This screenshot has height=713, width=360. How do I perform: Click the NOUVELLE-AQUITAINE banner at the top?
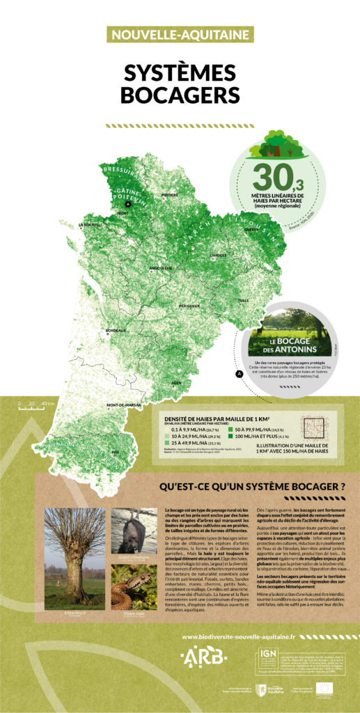(180, 33)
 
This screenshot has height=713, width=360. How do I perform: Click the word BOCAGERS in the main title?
(180, 93)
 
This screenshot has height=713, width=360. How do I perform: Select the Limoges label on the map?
(218, 256)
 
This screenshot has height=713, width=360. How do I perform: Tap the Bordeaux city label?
(115, 330)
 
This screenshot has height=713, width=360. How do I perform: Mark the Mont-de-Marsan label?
(124, 405)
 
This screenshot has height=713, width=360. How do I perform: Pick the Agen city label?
(177, 382)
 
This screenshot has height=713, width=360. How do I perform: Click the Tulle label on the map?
(243, 300)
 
